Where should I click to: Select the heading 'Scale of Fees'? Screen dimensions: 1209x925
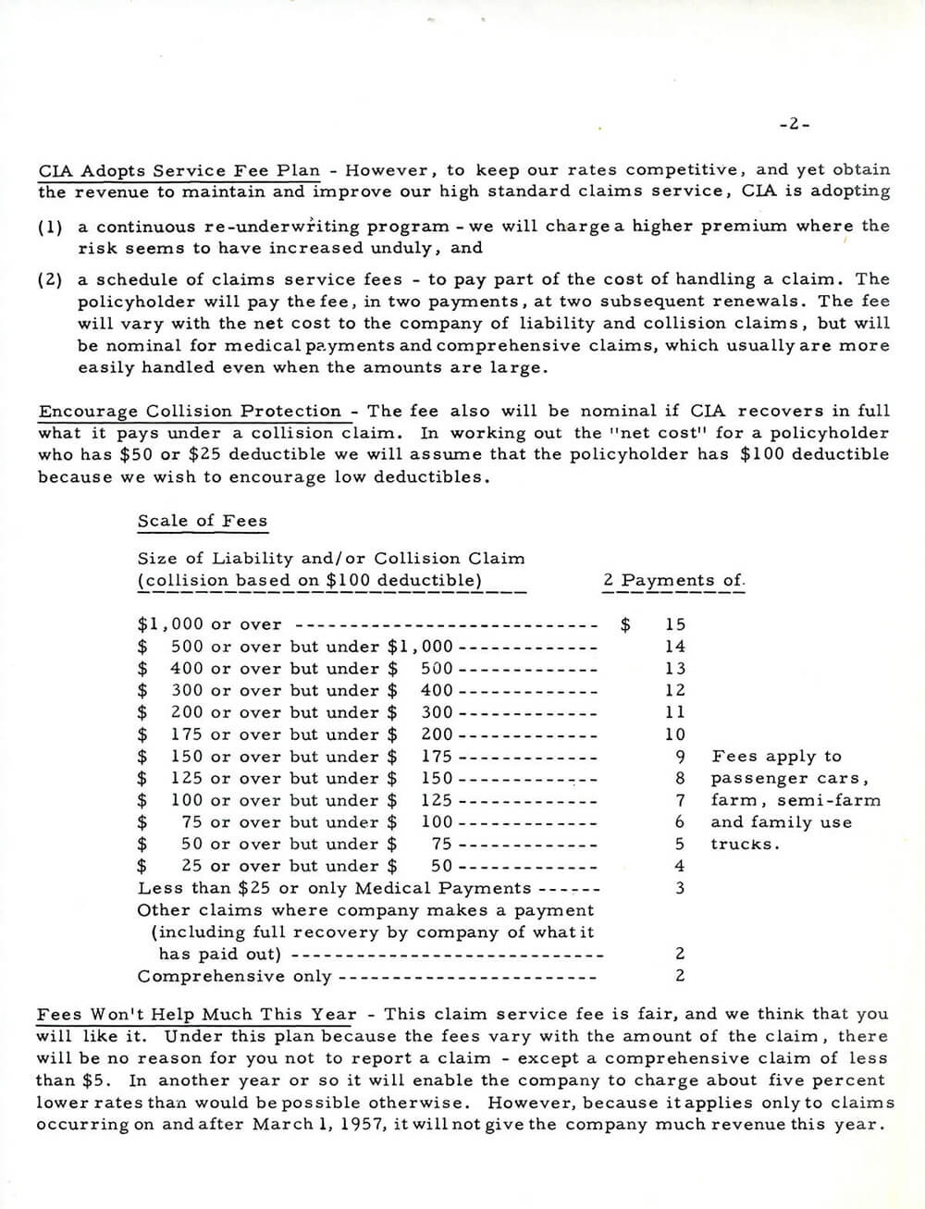[202, 521]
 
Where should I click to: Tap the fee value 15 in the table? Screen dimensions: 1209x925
[675, 625]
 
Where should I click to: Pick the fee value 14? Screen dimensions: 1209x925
[675, 648]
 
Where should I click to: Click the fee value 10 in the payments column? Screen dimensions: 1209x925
[675, 734]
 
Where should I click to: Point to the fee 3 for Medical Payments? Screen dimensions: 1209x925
[680, 889]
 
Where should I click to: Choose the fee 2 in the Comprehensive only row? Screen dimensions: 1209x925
[680, 976]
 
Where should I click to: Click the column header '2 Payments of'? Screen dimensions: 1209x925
[672, 581]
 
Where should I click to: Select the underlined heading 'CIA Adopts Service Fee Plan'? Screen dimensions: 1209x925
[179, 171]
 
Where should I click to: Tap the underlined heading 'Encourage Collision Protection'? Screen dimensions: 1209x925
[190, 412]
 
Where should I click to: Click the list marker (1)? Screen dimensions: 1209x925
[51, 227]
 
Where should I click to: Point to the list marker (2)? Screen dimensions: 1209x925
[51, 279]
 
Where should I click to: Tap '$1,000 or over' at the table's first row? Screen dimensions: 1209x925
[210, 625]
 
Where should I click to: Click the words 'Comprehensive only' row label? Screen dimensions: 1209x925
[234, 976]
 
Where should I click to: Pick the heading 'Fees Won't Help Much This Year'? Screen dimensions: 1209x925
[196, 1015]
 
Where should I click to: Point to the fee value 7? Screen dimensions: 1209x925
[680, 801]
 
